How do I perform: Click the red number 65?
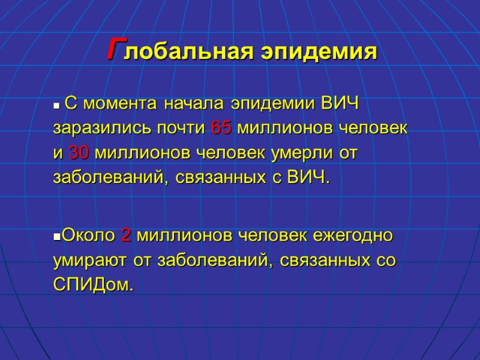221,128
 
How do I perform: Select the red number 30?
79,153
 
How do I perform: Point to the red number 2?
126,235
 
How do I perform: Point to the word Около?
88,235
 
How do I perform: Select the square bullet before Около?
56,236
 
